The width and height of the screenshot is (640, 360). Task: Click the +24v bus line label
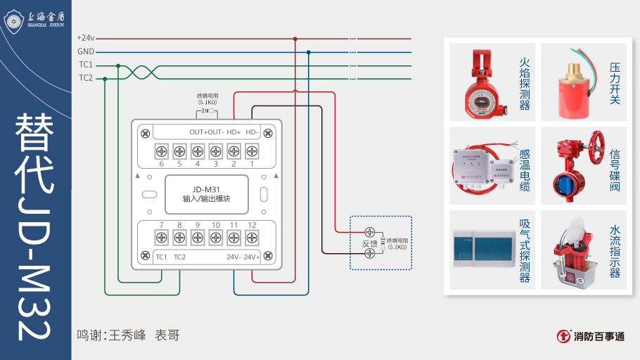pos(85,38)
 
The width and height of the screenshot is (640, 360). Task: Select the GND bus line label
pos(85,51)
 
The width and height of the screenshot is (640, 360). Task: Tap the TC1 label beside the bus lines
pos(85,65)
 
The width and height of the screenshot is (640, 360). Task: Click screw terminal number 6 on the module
pos(161,150)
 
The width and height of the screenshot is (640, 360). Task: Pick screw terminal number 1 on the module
pos(252,150)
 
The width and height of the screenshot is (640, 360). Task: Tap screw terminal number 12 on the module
pos(252,237)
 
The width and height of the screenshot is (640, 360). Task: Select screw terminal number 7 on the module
pos(161,237)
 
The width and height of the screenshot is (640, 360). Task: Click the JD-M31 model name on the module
pos(206,188)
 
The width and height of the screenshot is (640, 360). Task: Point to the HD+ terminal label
pos(233,132)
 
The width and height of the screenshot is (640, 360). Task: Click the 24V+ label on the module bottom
pos(252,257)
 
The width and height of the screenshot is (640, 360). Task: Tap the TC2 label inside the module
pos(179,257)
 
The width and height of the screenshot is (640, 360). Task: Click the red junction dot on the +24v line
pos(295,39)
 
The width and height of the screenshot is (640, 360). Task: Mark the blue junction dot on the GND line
pos(308,52)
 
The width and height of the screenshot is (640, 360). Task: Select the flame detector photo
pos(483,82)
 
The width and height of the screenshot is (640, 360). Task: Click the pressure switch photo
pos(573,82)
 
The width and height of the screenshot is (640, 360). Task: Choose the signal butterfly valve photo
pos(573,166)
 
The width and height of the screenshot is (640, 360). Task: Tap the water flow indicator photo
pos(573,250)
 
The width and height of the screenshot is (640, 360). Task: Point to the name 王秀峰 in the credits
pos(127,335)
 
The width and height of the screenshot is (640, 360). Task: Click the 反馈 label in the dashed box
pos(370,243)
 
